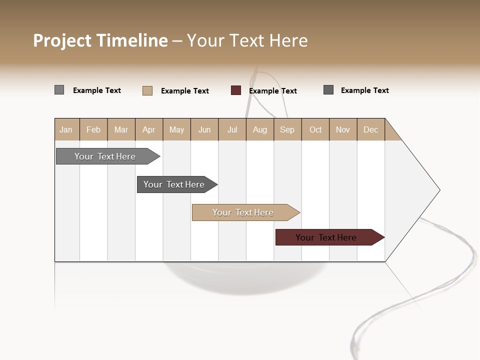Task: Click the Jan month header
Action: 66,129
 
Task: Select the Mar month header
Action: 121,129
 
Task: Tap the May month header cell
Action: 176,129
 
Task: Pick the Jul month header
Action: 232,129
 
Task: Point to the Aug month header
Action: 259,129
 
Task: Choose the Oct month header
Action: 315,129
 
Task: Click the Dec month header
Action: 370,129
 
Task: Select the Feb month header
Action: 93,129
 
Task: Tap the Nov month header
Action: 342,129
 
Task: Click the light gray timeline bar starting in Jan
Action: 105,156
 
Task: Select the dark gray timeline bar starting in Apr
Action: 174,184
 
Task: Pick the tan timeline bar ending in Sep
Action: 243,212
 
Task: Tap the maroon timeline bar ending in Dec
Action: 326,237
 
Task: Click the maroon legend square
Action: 236,90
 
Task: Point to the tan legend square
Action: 147,90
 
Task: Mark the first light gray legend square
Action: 59,90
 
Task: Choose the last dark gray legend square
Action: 328,90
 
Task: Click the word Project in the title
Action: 62,40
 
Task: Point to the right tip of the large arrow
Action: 438,190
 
